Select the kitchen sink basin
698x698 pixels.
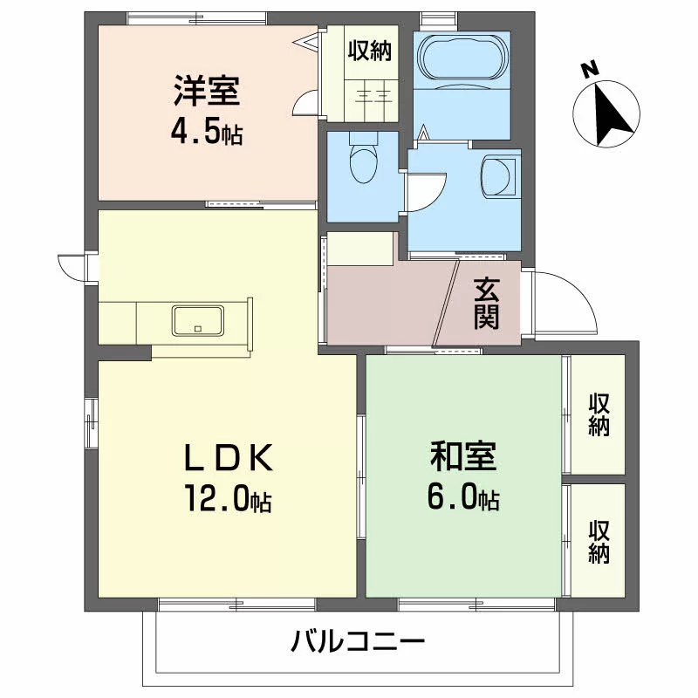(198, 320)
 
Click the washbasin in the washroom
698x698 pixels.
(498, 175)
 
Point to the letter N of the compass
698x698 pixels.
(590, 71)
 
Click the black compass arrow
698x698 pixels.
(611, 114)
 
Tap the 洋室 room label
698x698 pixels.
(207, 91)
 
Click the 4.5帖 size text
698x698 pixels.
(207, 133)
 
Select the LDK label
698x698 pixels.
(228, 458)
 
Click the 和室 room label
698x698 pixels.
(463, 455)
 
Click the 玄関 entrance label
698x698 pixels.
(486, 303)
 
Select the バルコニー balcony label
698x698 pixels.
(358, 641)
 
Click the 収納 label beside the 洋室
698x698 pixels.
(369, 51)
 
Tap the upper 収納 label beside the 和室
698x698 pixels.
(599, 414)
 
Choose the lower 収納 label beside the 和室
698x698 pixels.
(599, 542)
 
